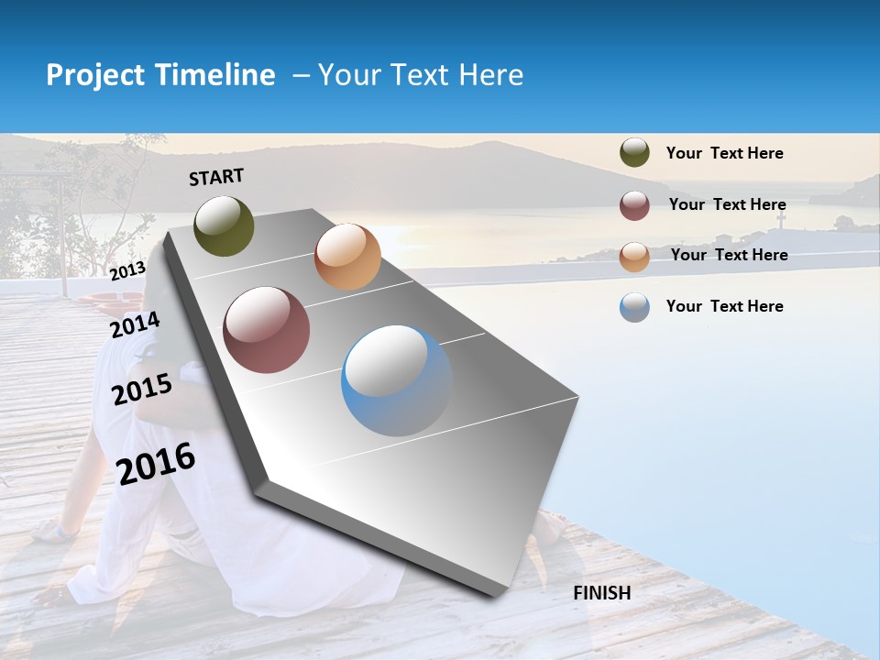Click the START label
(216, 177)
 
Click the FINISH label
(601, 593)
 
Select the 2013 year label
(127, 270)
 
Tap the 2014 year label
(135, 325)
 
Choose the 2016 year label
(156, 463)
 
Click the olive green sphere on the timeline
(224, 225)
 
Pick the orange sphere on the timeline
(347, 257)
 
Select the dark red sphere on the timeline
(267, 330)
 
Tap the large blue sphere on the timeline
(397, 380)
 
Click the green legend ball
(634, 153)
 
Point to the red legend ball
(634, 205)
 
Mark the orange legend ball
(634, 257)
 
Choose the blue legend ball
(634, 307)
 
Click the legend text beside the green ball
(724, 153)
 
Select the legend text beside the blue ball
(724, 306)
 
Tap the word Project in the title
(94, 75)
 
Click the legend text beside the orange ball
(729, 255)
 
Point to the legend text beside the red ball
(727, 204)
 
